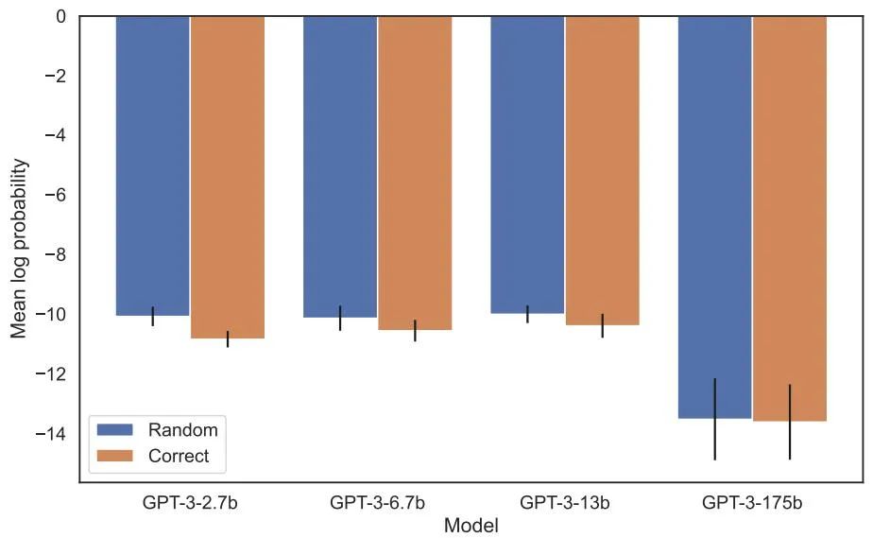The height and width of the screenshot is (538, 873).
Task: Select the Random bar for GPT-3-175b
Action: tap(714, 217)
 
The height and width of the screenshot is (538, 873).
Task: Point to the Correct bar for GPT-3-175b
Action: tap(790, 218)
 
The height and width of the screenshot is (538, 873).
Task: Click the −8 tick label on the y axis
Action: tap(57, 255)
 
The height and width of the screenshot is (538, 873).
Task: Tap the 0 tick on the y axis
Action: tap(60, 16)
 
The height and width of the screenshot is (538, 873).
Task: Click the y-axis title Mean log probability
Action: tap(20, 249)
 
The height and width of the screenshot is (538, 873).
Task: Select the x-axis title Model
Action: tap(471, 525)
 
